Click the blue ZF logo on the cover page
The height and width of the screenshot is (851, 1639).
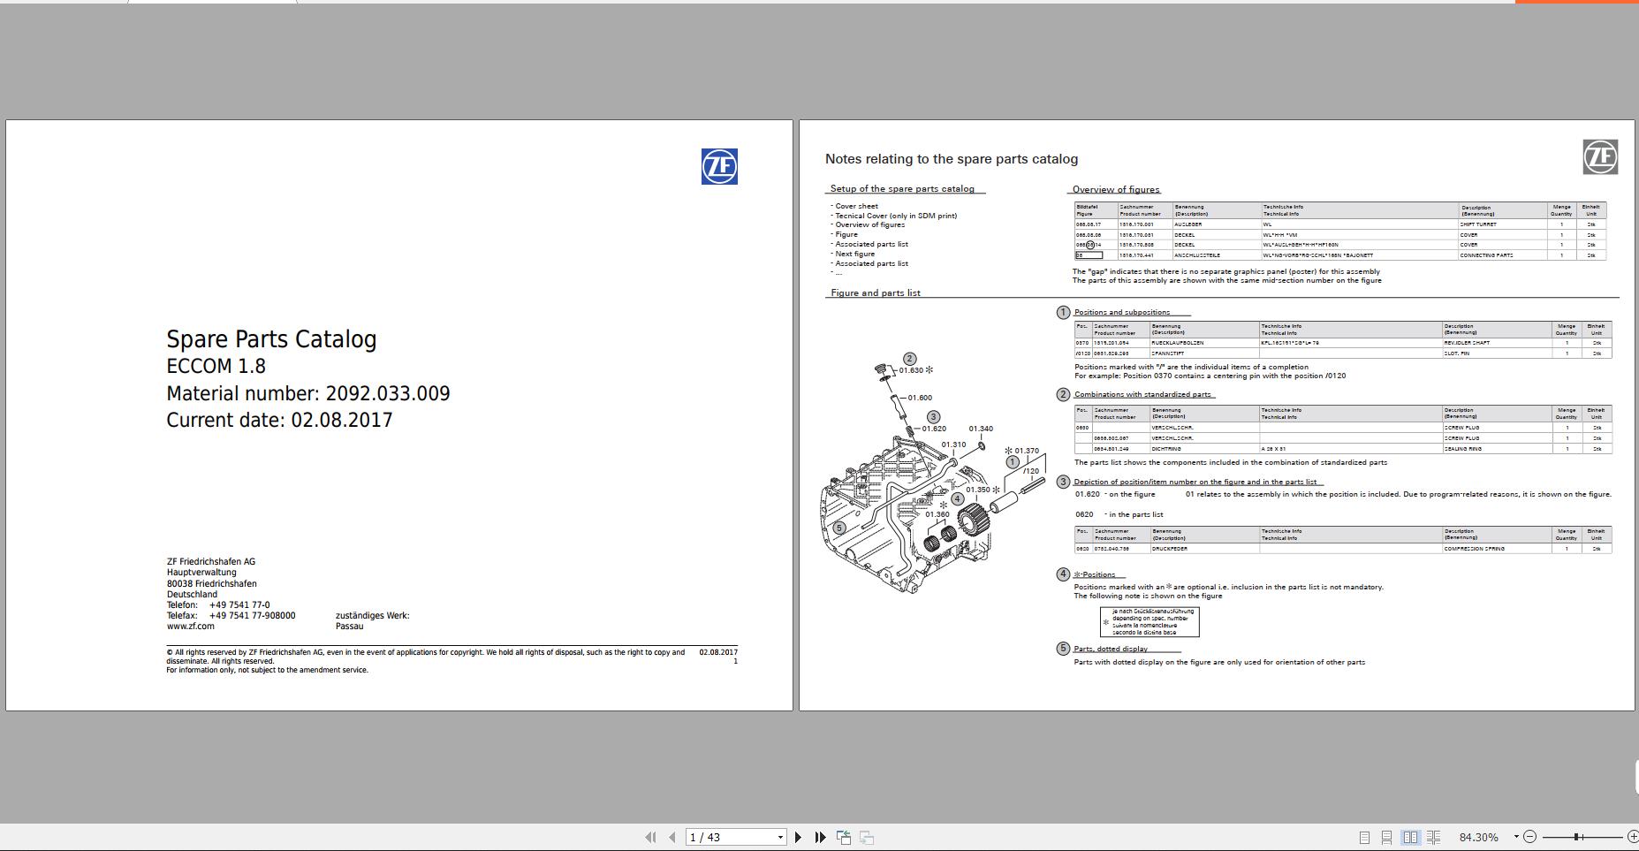point(719,166)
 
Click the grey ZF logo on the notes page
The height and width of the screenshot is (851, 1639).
point(1600,157)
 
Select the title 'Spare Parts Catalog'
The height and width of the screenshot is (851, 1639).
point(271,339)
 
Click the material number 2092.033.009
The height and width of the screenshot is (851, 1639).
point(387,393)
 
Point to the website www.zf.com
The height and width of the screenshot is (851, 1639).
point(190,627)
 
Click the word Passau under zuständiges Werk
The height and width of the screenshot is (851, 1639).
point(349,627)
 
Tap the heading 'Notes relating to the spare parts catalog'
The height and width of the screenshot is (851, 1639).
point(951,159)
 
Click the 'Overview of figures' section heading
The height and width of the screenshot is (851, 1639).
point(1115,189)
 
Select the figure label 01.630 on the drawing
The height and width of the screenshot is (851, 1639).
point(911,370)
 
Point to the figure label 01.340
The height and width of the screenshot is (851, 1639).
point(981,429)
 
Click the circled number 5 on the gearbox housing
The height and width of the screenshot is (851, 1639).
point(839,528)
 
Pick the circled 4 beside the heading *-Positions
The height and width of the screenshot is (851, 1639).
point(1063,574)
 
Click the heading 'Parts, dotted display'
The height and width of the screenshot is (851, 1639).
point(1111,649)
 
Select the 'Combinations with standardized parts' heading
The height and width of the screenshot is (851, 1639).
point(1142,394)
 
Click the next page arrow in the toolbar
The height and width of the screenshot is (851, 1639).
point(798,837)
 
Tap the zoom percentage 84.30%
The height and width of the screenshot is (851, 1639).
point(1478,837)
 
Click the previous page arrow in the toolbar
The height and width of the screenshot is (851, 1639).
point(672,837)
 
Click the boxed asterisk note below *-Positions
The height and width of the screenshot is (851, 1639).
point(1150,621)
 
